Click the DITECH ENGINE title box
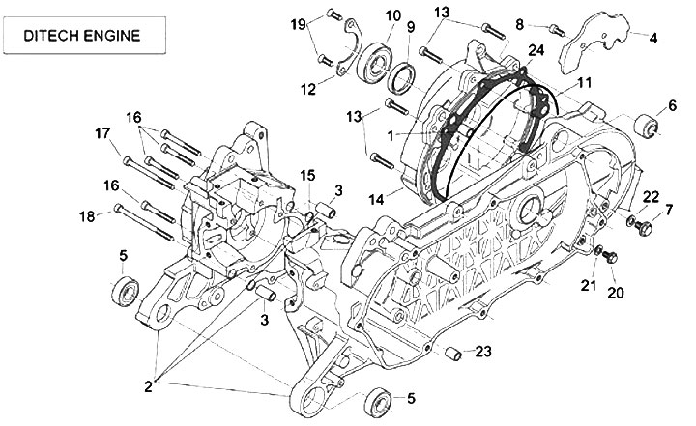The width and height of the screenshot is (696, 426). click(x=84, y=35)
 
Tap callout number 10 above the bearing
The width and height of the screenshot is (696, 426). click(x=392, y=15)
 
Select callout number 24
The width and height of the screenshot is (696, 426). click(x=536, y=50)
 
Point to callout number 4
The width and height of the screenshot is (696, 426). click(x=652, y=39)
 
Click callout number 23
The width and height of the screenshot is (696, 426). click(x=483, y=352)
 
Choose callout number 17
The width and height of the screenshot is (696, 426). click(x=102, y=133)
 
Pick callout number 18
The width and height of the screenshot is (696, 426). click(x=87, y=216)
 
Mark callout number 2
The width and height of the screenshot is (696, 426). click(x=148, y=386)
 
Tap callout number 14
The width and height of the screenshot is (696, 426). click(x=376, y=200)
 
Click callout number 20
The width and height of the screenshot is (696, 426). click(x=615, y=293)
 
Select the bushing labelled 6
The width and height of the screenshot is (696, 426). click(x=646, y=126)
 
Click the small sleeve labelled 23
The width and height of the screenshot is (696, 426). click(x=453, y=354)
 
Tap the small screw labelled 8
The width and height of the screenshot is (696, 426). click(x=557, y=30)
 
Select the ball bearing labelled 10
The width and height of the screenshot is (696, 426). click(x=375, y=62)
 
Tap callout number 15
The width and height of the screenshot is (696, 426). click(x=307, y=176)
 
